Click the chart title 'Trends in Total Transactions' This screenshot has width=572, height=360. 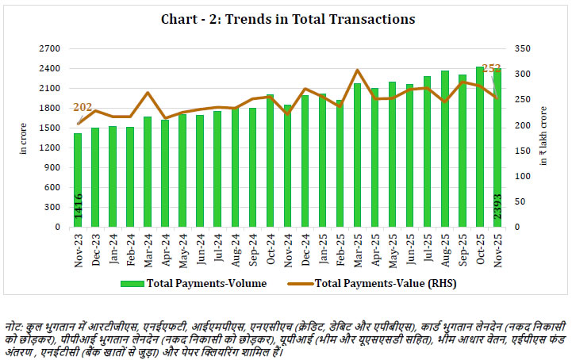[x=286, y=17]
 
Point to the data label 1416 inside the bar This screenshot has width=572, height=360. [x=79, y=206]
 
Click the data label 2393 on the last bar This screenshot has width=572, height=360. [x=497, y=205]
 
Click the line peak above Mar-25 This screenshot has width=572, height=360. [x=357, y=71]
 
